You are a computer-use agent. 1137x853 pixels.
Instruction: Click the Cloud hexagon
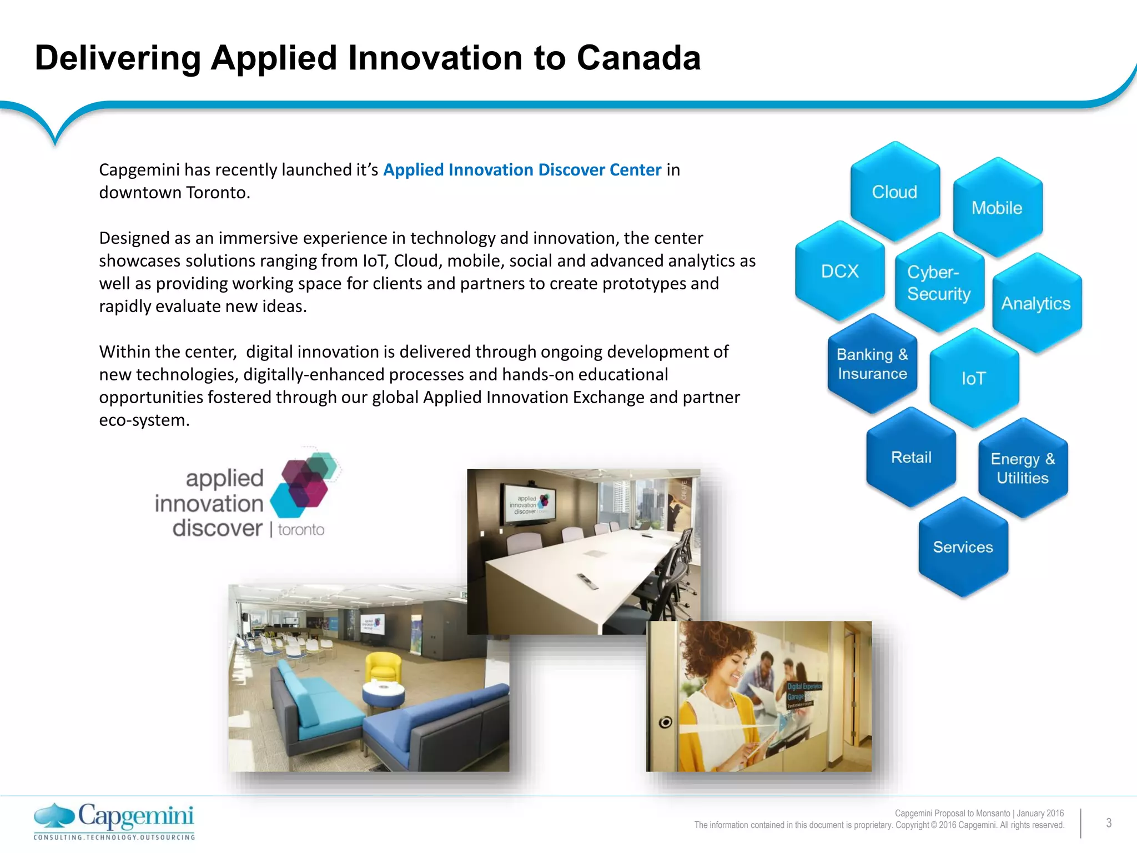[895, 192]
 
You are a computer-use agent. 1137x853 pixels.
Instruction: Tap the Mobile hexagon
[997, 208]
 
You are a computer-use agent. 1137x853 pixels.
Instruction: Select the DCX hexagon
[839, 271]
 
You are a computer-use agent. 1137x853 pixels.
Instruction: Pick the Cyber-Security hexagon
[939, 283]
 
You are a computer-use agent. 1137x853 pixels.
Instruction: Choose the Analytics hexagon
[1036, 303]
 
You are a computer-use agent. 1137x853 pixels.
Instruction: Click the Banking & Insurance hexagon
[872, 364]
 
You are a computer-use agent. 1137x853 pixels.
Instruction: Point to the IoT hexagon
[974, 378]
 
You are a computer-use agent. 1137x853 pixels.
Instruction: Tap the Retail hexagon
[911, 457]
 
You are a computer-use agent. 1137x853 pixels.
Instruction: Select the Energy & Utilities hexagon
[1023, 468]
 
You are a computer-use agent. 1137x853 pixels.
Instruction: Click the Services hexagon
[963, 547]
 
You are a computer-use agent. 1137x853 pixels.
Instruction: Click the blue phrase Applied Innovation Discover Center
[522, 169]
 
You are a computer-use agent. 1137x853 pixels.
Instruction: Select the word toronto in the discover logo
[301, 530]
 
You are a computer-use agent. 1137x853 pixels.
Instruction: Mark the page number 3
[1108, 823]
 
